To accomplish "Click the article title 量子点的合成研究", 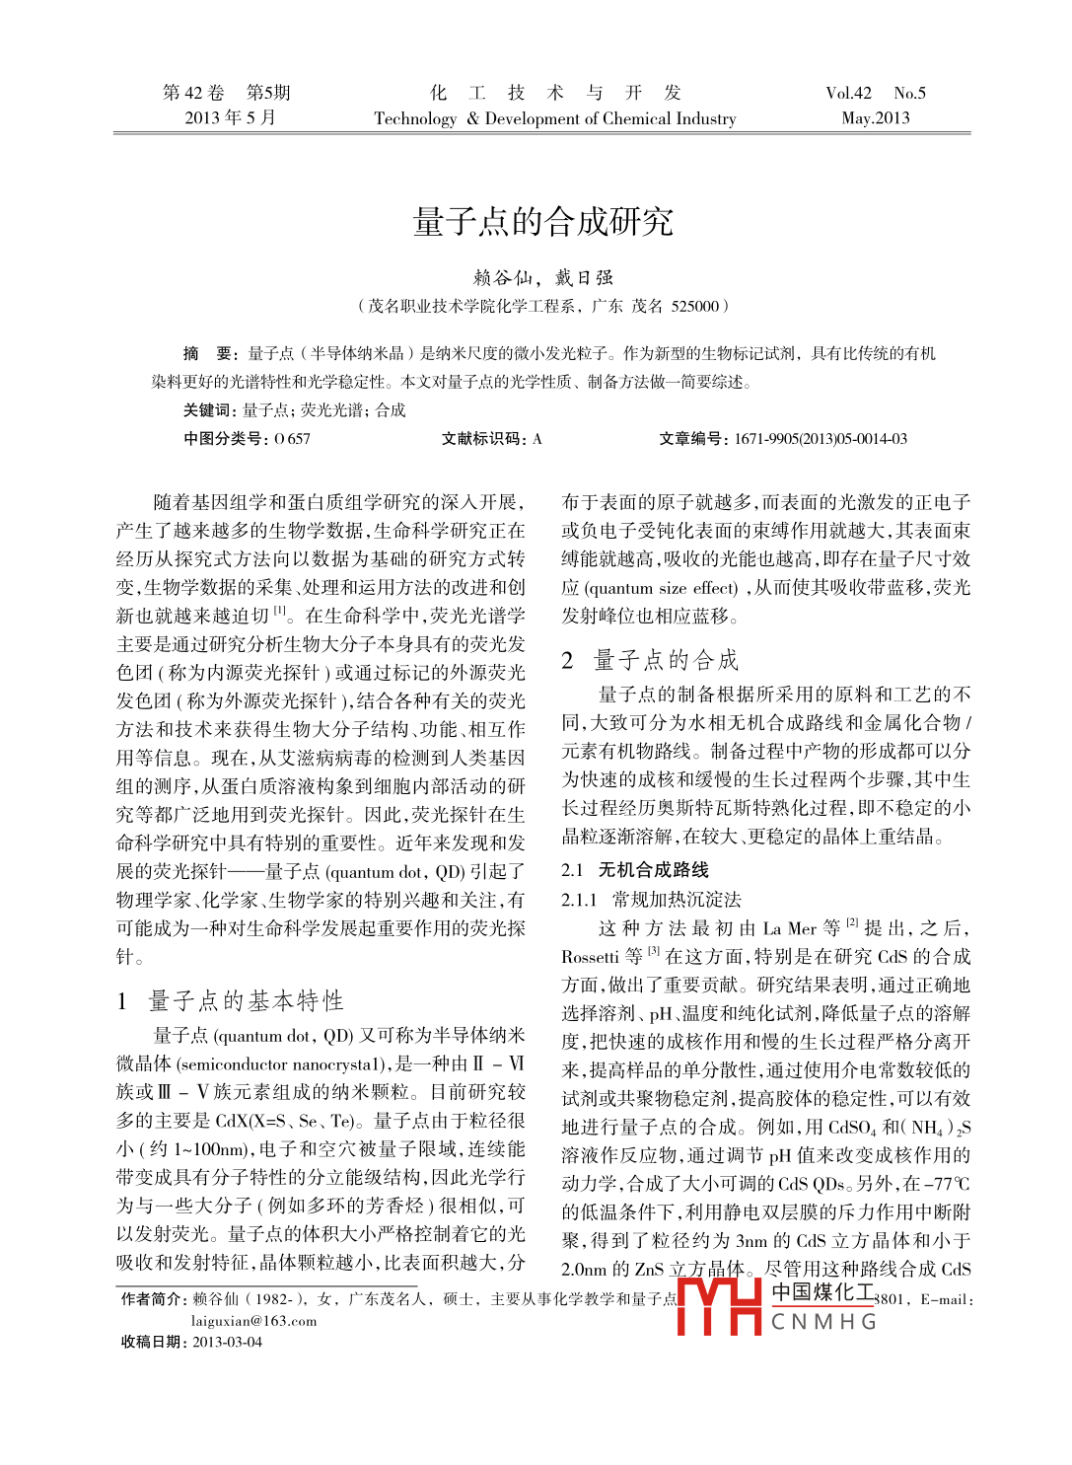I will click(542, 221).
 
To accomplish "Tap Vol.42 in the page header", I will click(848, 93).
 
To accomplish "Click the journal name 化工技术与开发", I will click(555, 93).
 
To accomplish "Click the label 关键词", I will click(208, 410).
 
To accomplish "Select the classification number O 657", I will click(292, 439).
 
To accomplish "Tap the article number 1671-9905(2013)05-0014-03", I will click(820, 439).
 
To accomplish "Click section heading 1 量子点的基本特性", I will click(231, 1000).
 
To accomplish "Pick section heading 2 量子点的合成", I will click(651, 660).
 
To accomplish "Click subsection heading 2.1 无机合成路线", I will click(635, 869).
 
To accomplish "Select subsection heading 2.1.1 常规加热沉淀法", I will click(651, 899).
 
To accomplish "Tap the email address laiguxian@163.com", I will click(254, 1321).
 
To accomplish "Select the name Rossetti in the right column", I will click(590, 956).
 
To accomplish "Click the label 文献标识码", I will click(479, 439).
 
